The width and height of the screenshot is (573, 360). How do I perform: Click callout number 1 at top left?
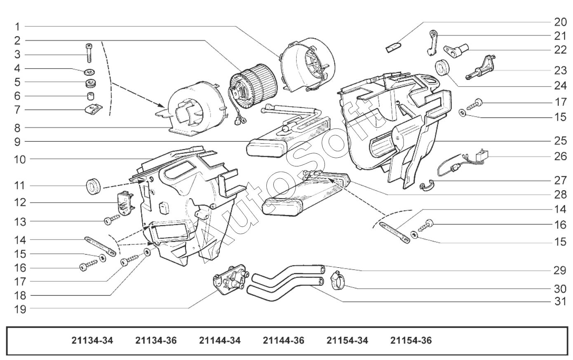coord(17,27)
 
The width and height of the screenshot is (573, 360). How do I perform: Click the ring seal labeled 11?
coord(93,187)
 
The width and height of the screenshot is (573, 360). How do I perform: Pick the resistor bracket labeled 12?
coord(124,203)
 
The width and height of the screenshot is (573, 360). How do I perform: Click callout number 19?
coord(20,309)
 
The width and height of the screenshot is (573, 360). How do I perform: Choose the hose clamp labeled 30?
coord(338,281)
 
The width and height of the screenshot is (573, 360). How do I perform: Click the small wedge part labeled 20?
coord(393,47)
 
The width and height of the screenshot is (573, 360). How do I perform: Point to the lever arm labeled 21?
coord(432,42)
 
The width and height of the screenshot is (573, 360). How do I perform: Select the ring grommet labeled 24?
coord(443,68)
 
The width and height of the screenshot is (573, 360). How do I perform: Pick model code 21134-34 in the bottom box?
coord(92,341)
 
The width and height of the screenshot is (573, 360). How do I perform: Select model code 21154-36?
coord(411,341)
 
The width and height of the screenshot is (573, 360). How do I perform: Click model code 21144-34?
coord(220,341)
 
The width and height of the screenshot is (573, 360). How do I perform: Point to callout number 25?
coord(560,140)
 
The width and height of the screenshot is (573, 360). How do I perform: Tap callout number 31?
coord(560,302)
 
